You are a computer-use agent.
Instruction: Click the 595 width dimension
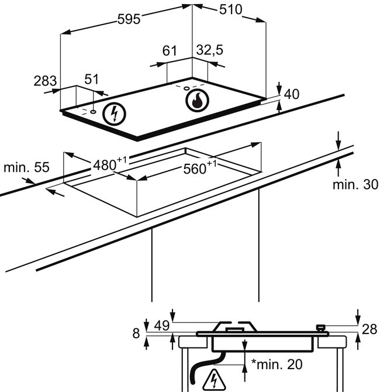pyautogui.click(x=129, y=19)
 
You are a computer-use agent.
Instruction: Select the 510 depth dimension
pyautogui.click(x=232, y=10)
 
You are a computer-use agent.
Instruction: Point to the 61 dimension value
pyautogui.click(x=169, y=51)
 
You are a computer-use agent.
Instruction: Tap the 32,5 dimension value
pyautogui.click(x=209, y=51)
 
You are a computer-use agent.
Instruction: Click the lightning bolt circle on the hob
pyautogui.click(x=114, y=113)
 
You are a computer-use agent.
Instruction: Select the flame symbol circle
pyautogui.click(x=197, y=101)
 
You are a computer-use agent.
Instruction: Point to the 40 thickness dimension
pyautogui.click(x=292, y=94)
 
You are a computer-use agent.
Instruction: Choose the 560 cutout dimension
pyautogui.click(x=195, y=169)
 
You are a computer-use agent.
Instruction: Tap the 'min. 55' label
pyautogui.click(x=26, y=167)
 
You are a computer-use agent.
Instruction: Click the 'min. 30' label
pyautogui.click(x=355, y=185)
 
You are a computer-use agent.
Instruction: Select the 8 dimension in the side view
pyautogui.click(x=136, y=333)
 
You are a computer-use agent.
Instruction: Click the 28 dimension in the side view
pyautogui.click(x=369, y=329)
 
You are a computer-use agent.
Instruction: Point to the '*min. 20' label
pyautogui.click(x=277, y=365)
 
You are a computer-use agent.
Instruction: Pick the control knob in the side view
pyautogui.click(x=320, y=329)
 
